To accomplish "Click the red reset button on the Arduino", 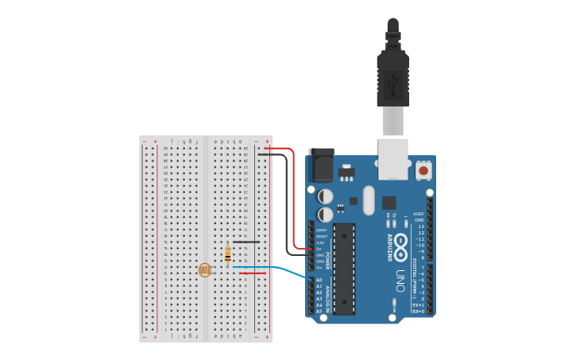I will [423, 170].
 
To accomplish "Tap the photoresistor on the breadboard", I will [205, 270].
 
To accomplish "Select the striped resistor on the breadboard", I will [228, 254].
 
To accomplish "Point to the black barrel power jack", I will [321, 166].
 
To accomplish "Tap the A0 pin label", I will [319, 280].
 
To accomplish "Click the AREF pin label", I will [419, 214].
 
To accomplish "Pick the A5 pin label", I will [319, 311].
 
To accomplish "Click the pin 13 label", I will [421, 226].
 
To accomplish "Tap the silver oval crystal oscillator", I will [368, 200].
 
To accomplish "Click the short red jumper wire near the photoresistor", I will [253, 273].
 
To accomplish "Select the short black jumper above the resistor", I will [245, 242].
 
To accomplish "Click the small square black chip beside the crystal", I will [389, 203].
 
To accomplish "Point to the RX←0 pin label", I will [418, 311].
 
